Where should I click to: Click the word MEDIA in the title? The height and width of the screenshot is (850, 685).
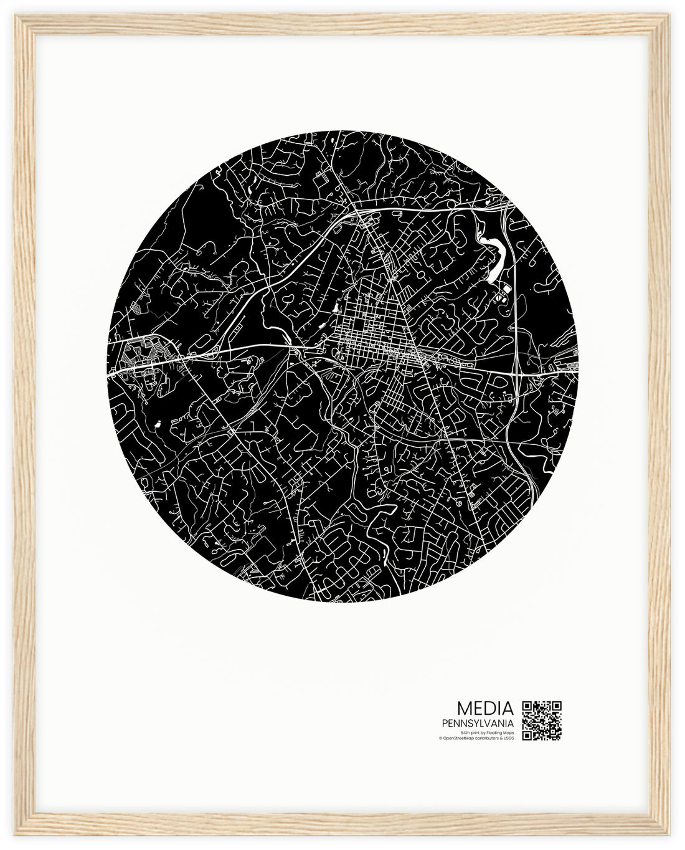coord(485,709)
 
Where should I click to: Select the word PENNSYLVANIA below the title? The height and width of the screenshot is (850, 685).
coord(478,723)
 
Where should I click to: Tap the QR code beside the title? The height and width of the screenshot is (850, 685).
coord(542,720)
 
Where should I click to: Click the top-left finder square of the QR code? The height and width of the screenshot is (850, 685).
coord(527,705)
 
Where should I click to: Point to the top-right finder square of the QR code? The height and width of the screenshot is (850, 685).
coord(557,705)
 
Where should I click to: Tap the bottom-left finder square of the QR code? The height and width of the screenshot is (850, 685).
coord(527,735)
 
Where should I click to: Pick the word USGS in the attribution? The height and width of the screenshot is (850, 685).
coord(509,738)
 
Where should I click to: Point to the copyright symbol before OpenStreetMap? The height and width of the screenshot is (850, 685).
coord(440,738)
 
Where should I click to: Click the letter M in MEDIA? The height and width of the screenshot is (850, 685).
coord(464,709)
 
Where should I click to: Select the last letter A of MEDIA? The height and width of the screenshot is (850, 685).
coord(509,709)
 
